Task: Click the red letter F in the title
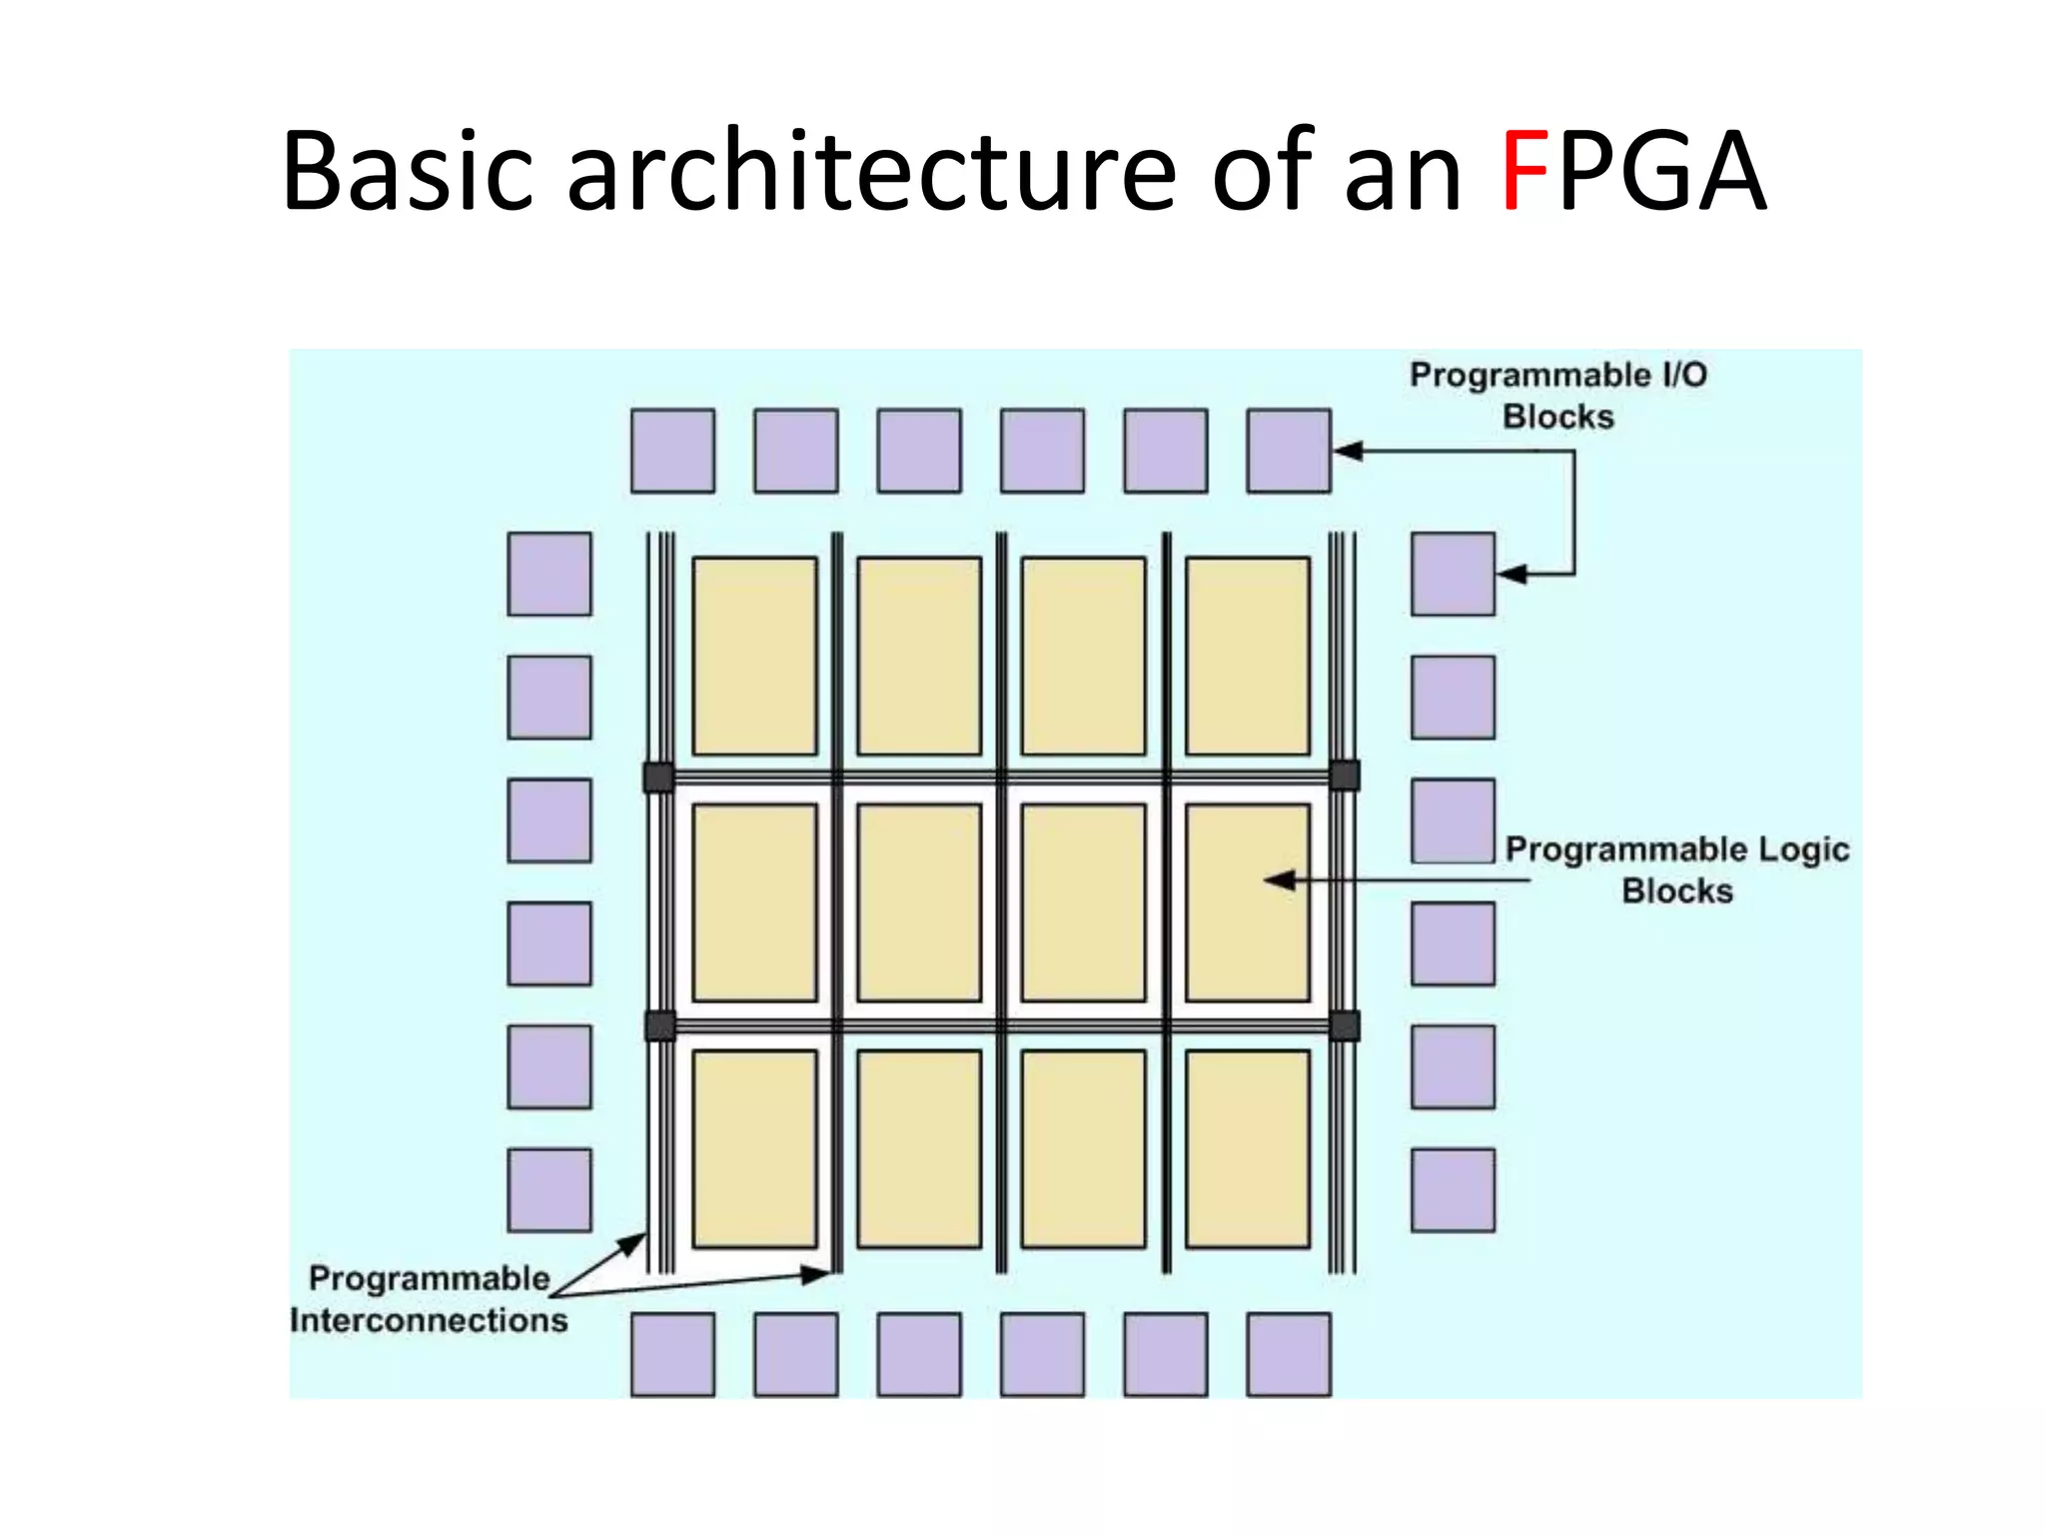pos(1525,172)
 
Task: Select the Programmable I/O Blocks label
pos(1557,396)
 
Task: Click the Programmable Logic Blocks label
pos(1676,869)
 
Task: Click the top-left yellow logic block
pos(754,656)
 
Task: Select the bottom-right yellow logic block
pos(1247,1148)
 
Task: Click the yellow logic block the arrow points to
pos(1247,902)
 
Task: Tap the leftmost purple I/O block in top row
pos(672,451)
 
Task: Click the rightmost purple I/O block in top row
pos(1288,451)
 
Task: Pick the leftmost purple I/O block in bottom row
pos(672,1354)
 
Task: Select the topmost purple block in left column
pos(548,574)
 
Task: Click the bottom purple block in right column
pos(1453,1189)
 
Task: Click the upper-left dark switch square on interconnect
pos(658,776)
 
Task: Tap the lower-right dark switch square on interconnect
pos(1345,1025)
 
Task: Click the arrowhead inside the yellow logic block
pos(1280,880)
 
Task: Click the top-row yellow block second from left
pos(919,656)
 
